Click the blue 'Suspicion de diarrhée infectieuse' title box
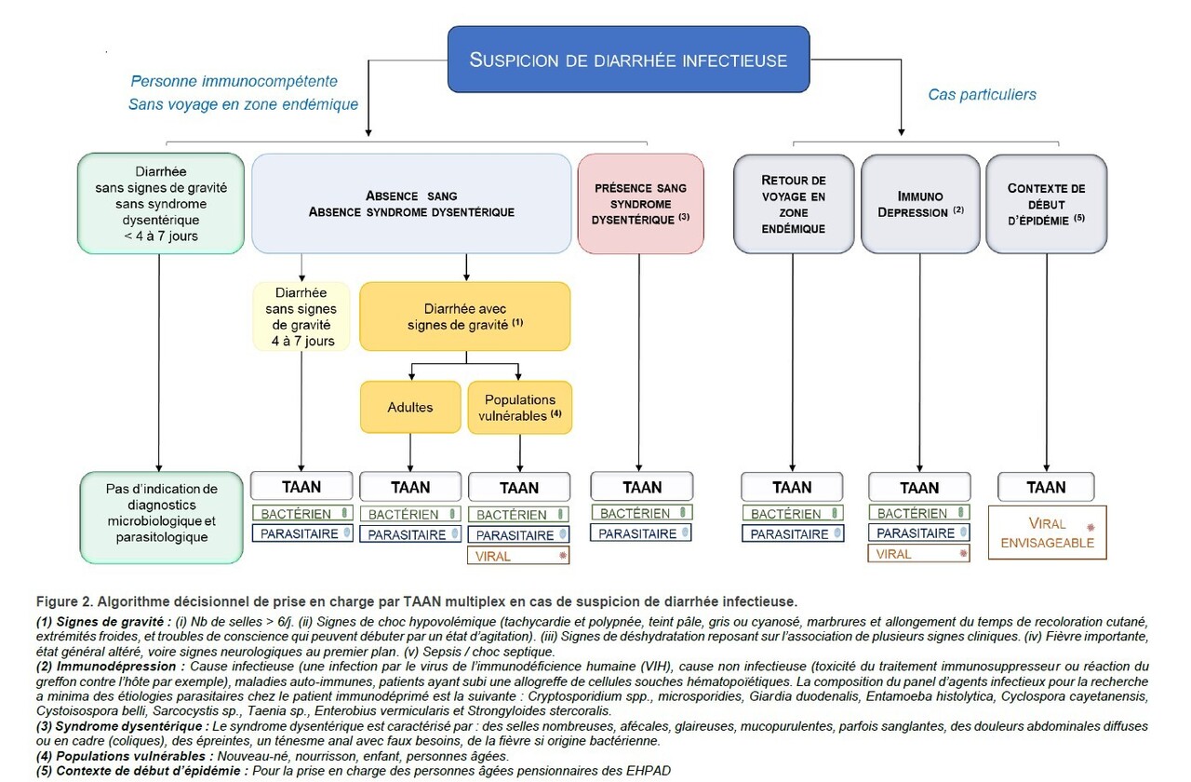(x=628, y=59)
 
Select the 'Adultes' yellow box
(x=410, y=407)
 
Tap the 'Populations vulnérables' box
(x=519, y=407)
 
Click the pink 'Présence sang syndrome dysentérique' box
(x=640, y=204)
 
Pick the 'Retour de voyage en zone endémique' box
(x=794, y=204)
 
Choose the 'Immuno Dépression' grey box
(x=920, y=204)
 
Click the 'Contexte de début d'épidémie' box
(x=1046, y=204)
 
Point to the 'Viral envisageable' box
(x=1047, y=533)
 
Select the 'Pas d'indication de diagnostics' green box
(x=161, y=517)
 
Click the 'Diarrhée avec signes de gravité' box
(x=464, y=317)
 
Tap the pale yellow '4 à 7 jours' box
(x=301, y=317)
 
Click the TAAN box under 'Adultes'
(x=410, y=486)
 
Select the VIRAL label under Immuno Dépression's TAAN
(x=918, y=554)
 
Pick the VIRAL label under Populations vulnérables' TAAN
(x=518, y=556)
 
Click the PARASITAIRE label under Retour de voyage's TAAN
(x=793, y=533)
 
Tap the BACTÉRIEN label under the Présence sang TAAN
(x=642, y=513)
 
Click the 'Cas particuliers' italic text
(x=982, y=94)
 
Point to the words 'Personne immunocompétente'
(x=234, y=81)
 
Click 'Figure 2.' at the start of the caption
(x=64, y=601)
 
